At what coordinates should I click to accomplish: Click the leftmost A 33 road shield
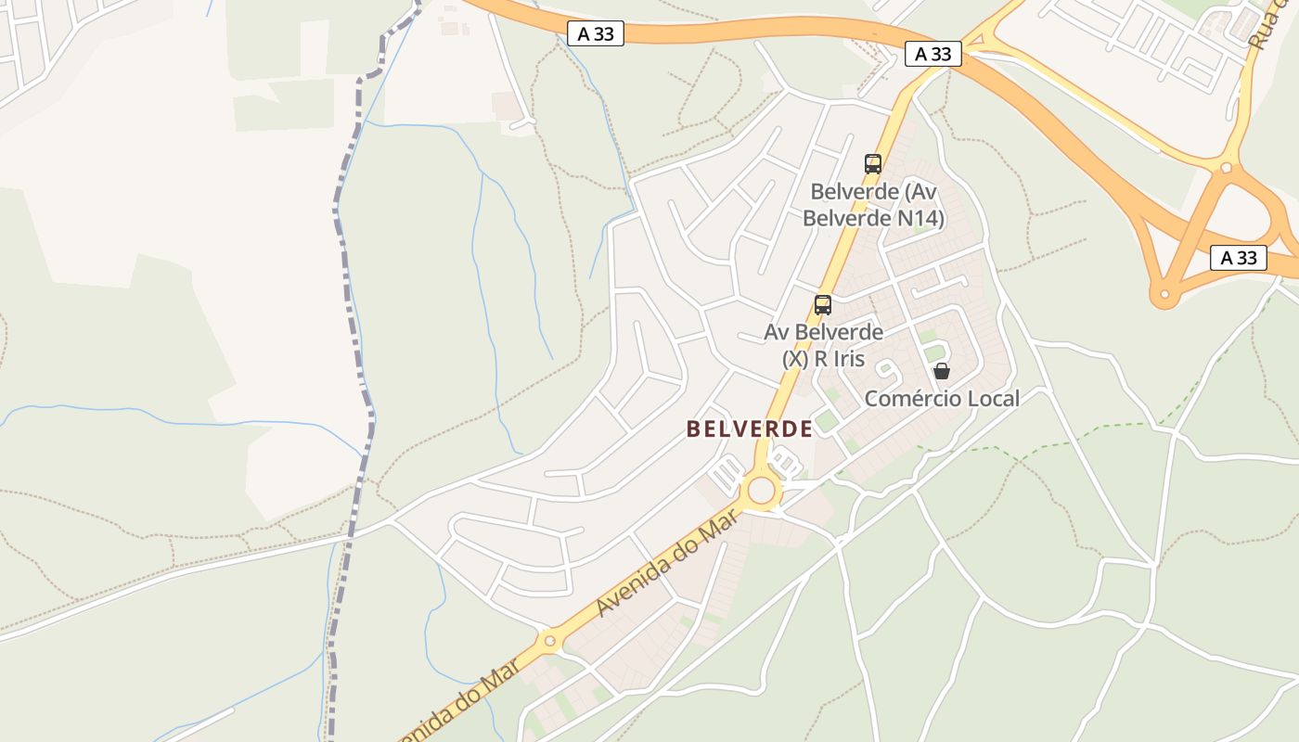click(x=595, y=34)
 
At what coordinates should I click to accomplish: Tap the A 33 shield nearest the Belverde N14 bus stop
click(x=932, y=54)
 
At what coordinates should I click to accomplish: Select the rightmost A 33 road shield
click(x=1239, y=258)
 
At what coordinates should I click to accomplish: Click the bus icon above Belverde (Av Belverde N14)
click(x=872, y=164)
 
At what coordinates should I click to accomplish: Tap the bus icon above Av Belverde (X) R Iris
click(x=822, y=305)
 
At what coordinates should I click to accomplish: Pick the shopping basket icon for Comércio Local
click(x=942, y=372)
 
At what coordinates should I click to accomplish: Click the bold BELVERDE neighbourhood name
click(x=749, y=429)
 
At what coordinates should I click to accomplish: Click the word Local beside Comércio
click(x=989, y=399)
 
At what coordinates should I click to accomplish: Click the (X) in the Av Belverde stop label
click(x=794, y=358)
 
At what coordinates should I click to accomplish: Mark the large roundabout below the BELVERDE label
click(x=762, y=490)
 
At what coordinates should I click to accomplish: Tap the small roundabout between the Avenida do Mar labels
click(x=549, y=640)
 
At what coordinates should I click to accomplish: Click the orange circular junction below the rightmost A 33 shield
click(x=1164, y=296)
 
